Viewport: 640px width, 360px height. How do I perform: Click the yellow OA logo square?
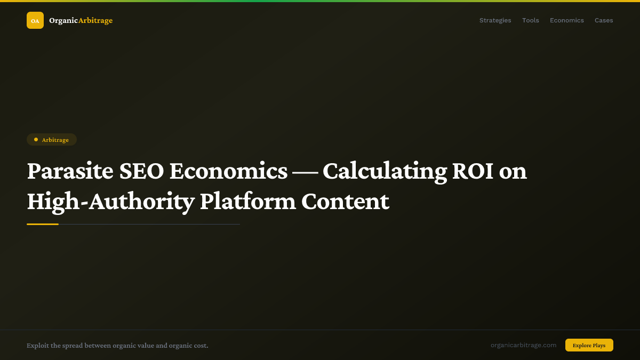(x=35, y=20)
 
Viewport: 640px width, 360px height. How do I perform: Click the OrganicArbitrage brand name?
(x=81, y=20)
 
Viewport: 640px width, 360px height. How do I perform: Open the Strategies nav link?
(x=495, y=20)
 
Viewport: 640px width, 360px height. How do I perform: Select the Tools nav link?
(x=530, y=20)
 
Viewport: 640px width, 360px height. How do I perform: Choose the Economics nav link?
(x=566, y=20)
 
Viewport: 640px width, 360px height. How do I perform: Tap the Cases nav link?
(x=604, y=20)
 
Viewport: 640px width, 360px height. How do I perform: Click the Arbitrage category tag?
(x=52, y=140)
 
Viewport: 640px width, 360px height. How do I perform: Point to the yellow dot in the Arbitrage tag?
(x=36, y=140)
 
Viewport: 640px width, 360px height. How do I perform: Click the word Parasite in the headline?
(x=70, y=171)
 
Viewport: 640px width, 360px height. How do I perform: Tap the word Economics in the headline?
(x=228, y=171)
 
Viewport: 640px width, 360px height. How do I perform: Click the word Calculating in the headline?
(x=385, y=171)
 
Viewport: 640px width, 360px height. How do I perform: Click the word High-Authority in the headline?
(x=110, y=202)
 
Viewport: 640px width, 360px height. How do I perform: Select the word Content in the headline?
(x=345, y=202)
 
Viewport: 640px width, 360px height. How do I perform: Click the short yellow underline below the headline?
(x=43, y=225)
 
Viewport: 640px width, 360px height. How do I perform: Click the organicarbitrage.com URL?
(x=523, y=345)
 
